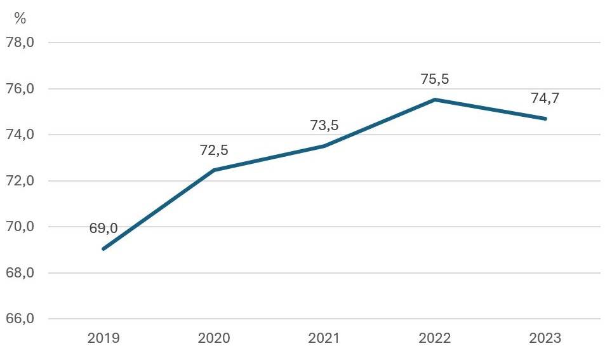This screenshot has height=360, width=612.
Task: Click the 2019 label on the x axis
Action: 103,338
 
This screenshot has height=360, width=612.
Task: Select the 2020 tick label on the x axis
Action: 214,338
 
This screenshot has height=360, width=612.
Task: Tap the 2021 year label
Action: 324,338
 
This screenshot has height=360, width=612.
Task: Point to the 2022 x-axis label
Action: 435,338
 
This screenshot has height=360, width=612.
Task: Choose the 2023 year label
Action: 545,338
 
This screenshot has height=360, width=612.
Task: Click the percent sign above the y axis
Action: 20,18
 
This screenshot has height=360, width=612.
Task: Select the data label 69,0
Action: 103,229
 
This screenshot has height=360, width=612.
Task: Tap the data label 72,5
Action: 214,150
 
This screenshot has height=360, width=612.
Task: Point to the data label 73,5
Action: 324,125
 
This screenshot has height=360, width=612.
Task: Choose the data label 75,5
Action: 435,79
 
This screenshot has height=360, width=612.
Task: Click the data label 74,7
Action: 545,98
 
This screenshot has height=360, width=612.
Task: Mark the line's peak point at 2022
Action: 435,100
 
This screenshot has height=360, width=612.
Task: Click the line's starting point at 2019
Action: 103,248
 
